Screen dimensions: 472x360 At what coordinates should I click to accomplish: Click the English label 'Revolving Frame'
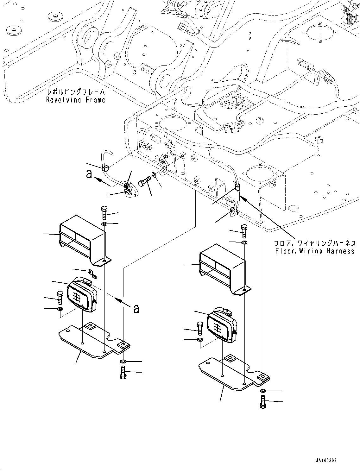coord(75,100)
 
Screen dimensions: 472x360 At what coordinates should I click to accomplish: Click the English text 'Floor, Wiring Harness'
coord(315,251)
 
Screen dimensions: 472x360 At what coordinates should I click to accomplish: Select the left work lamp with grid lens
coord(82,294)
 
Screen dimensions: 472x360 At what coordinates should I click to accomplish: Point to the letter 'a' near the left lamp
coord(136,308)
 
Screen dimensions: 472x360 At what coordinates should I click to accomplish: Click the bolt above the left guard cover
coord(105,212)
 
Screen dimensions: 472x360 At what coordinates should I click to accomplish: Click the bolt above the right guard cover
coord(244,231)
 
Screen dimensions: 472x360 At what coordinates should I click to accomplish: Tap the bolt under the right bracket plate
coord(262,401)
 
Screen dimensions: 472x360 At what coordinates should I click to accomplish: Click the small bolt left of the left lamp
coord(60,297)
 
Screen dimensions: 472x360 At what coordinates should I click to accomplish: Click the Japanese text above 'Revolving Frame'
coord(75,92)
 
